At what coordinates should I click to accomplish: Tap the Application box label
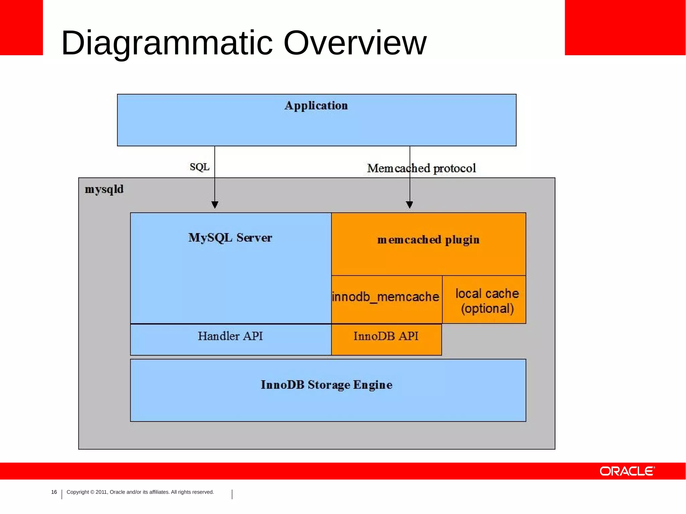coord(316,106)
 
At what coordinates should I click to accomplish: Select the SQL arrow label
coord(200,167)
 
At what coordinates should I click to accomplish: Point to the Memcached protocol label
coord(421,168)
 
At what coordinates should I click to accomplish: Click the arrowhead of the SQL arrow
coord(215,205)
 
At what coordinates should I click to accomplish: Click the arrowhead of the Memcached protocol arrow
coord(409,205)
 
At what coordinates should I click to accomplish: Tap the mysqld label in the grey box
coord(104,189)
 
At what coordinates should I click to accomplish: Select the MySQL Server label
coord(230,238)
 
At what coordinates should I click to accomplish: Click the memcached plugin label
coord(428,240)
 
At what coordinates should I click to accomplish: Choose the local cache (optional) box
coord(487,301)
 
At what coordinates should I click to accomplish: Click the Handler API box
coord(230,336)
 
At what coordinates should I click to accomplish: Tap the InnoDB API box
coord(386,336)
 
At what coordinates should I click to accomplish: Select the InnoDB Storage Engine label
coord(327,385)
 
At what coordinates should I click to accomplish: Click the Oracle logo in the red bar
coord(627,471)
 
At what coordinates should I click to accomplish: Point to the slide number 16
coord(54,492)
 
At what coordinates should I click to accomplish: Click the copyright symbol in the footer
coord(92,492)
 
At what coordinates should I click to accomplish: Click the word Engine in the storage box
coord(372,385)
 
